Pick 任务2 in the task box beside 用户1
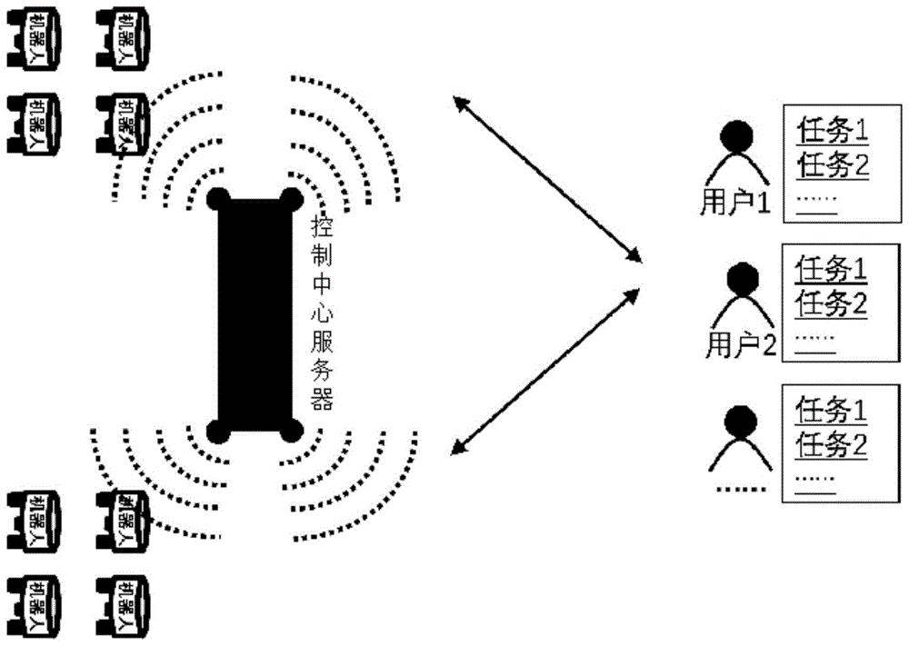tap(831, 166)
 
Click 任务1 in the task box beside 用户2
tap(831, 270)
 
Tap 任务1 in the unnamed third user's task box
tap(831, 411)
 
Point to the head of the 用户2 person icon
tap(743, 276)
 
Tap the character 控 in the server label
tap(321, 224)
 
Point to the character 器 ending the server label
tap(321, 400)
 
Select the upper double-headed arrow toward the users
tap(544, 176)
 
